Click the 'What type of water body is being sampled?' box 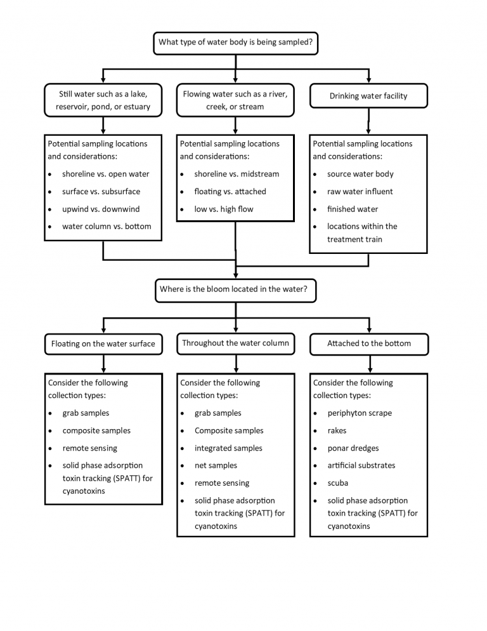click(236, 43)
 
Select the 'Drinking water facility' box click(368, 96)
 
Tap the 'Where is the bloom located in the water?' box click(236, 291)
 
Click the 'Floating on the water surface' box click(103, 344)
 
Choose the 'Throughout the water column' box click(236, 343)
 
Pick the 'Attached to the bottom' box click(369, 344)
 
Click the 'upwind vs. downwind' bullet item click(101, 209)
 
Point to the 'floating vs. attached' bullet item click(230, 192)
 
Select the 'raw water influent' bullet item click(360, 192)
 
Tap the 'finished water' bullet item click(353, 209)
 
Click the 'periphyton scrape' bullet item click(360, 413)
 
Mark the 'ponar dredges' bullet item click(353, 448)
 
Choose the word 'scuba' click(338, 483)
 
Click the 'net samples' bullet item click(216, 465)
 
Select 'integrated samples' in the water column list click(228, 448)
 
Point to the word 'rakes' click(337, 430)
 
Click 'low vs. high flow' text click(224, 209)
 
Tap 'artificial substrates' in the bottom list click(361, 465)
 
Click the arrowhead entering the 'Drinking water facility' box click(368, 81)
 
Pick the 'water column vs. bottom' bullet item click(107, 227)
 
